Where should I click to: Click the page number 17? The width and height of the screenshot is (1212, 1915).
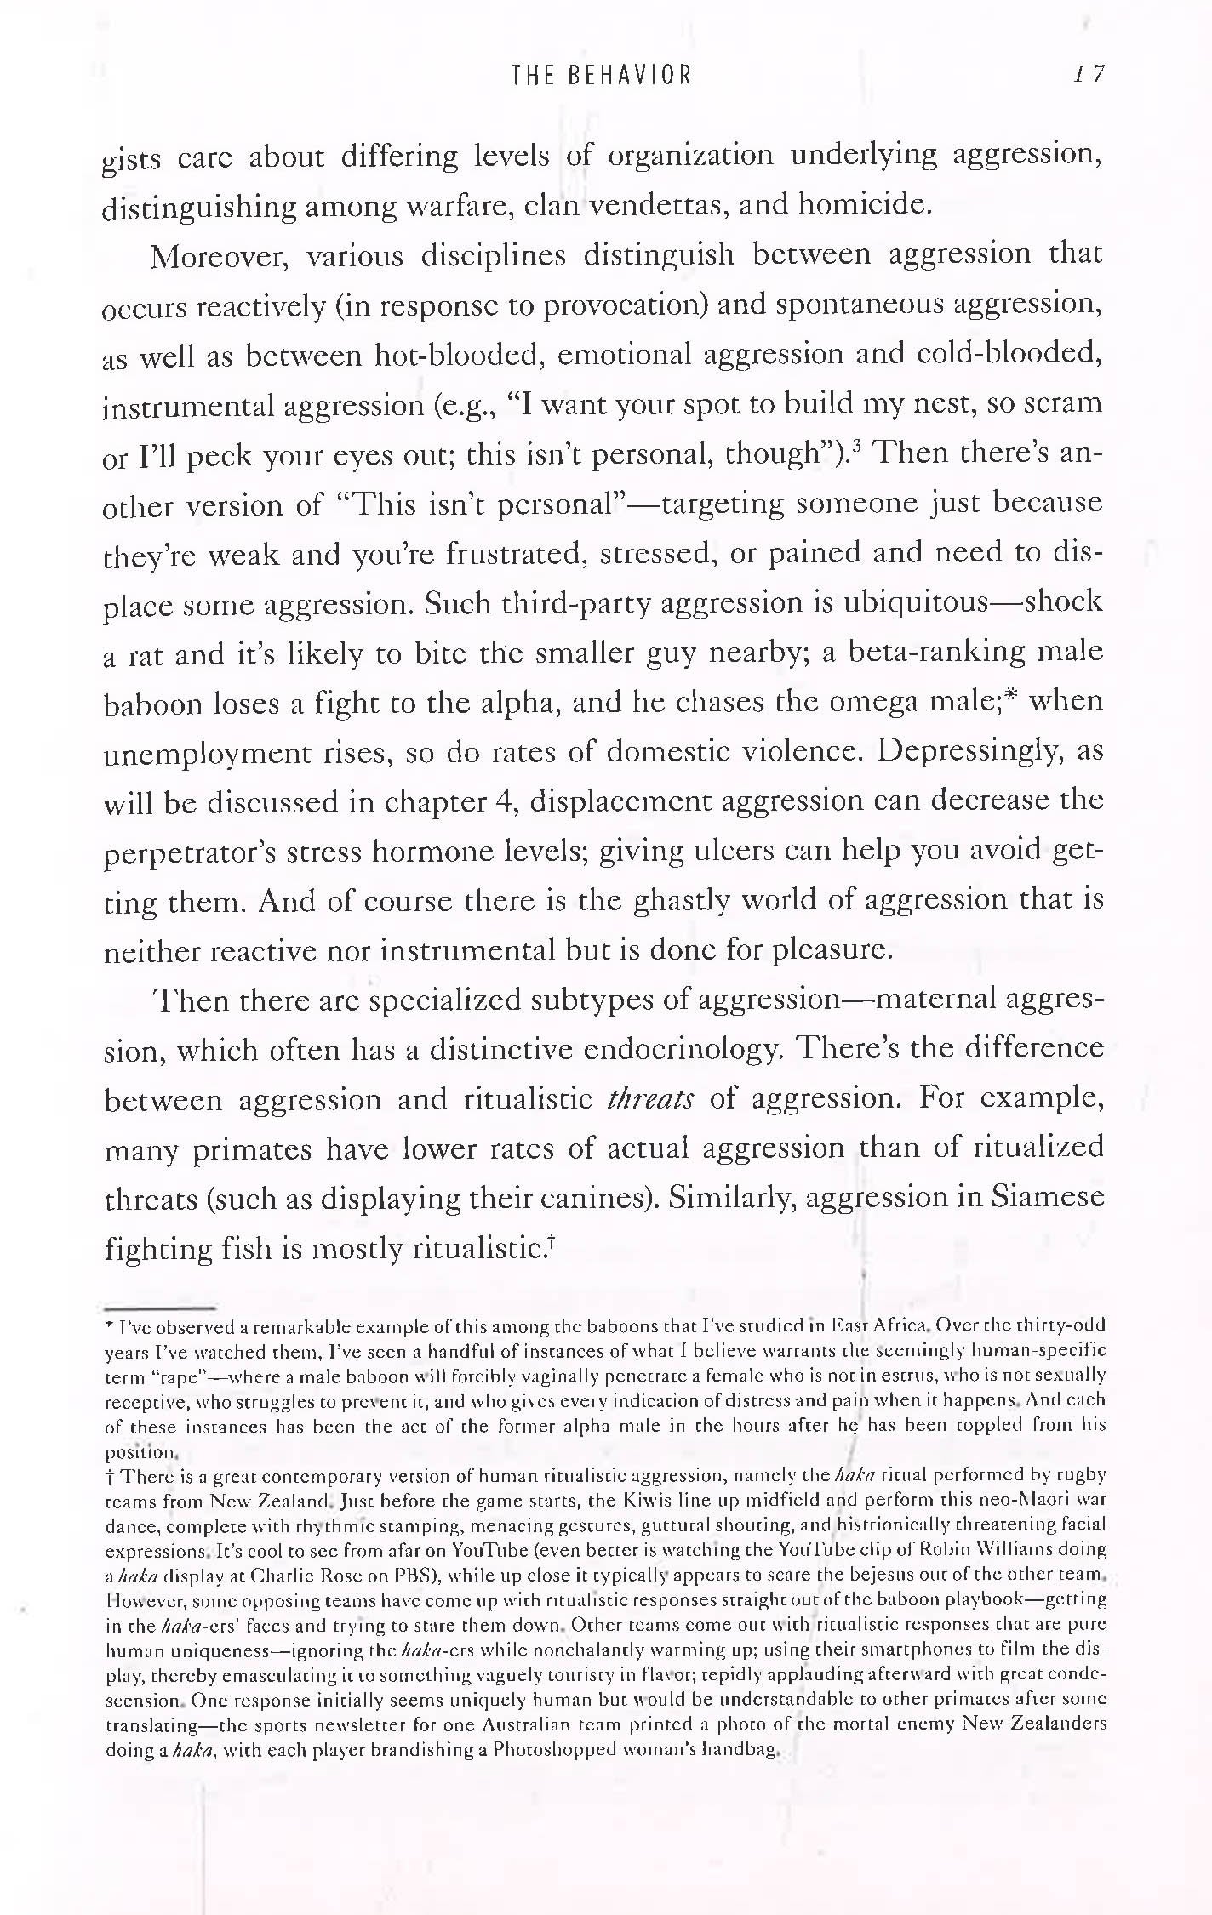1089,74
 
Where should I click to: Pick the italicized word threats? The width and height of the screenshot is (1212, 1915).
651,1099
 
